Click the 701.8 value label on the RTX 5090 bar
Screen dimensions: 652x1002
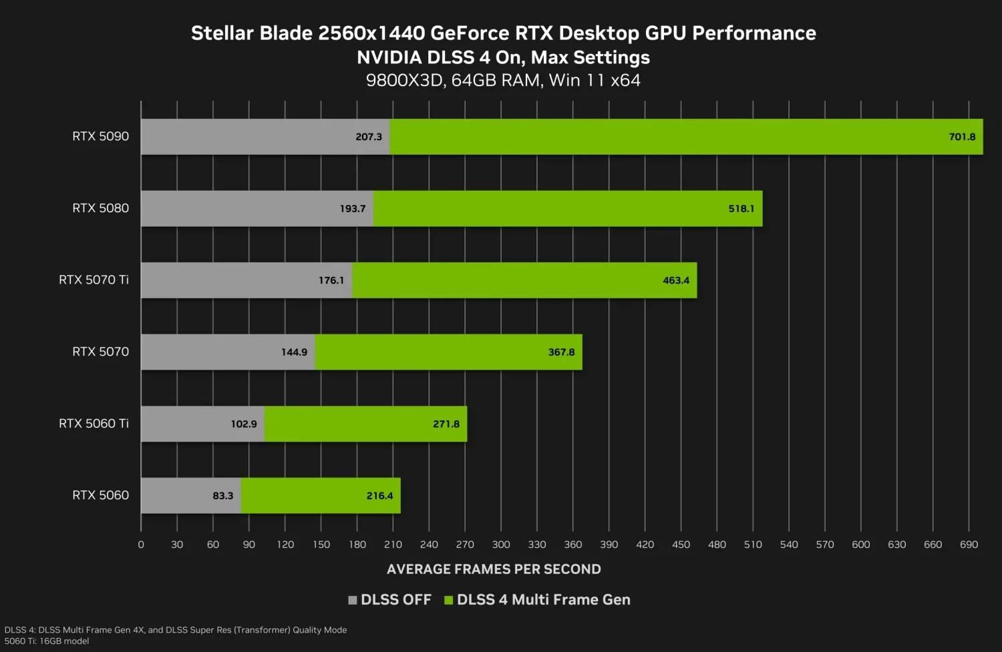tap(962, 137)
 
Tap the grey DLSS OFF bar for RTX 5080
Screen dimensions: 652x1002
tap(257, 208)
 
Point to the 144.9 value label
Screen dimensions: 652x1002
tap(294, 352)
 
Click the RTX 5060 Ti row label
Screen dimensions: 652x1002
tap(94, 423)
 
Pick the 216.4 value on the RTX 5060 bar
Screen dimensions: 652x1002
tap(379, 496)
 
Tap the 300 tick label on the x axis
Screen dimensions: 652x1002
tap(501, 545)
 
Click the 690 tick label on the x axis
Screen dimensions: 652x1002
tap(969, 545)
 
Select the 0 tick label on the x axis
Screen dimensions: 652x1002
tap(141, 545)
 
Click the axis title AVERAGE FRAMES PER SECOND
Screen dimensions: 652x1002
tap(494, 569)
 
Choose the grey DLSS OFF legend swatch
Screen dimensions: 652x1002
tap(353, 600)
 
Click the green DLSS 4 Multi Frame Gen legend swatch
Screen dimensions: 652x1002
tap(449, 600)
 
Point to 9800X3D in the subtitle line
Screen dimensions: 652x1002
tap(404, 81)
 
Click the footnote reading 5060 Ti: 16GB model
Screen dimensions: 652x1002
tap(47, 641)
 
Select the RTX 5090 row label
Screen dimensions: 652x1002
tap(100, 136)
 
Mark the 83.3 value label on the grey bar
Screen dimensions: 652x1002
tap(223, 496)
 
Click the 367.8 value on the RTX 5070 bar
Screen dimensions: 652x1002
tap(561, 352)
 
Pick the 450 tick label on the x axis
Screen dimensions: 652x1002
tap(681, 545)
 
